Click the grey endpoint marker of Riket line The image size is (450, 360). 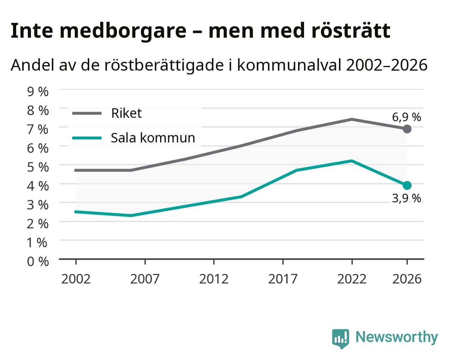click(x=407, y=129)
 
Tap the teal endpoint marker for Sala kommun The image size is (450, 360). click(x=407, y=185)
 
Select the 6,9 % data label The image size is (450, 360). click(x=406, y=117)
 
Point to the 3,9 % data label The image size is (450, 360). click(x=406, y=198)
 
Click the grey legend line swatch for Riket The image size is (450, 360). click(x=87, y=113)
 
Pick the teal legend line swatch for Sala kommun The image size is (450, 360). click(x=87, y=138)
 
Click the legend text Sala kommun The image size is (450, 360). click(x=153, y=138)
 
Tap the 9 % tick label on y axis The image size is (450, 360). click(x=38, y=92)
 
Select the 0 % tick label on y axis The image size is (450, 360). click(x=38, y=262)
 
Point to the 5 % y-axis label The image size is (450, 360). click(x=38, y=167)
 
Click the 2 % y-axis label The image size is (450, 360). click(x=38, y=224)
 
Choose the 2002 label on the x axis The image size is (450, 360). click(x=76, y=279)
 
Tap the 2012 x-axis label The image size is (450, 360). click(x=214, y=279)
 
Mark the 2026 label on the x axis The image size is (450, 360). click(x=407, y=279)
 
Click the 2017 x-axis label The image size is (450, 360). click(x=283, y=279)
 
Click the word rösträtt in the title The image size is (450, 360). click(x=351, y=31)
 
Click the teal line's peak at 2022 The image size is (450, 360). click(x=352, y=161)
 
